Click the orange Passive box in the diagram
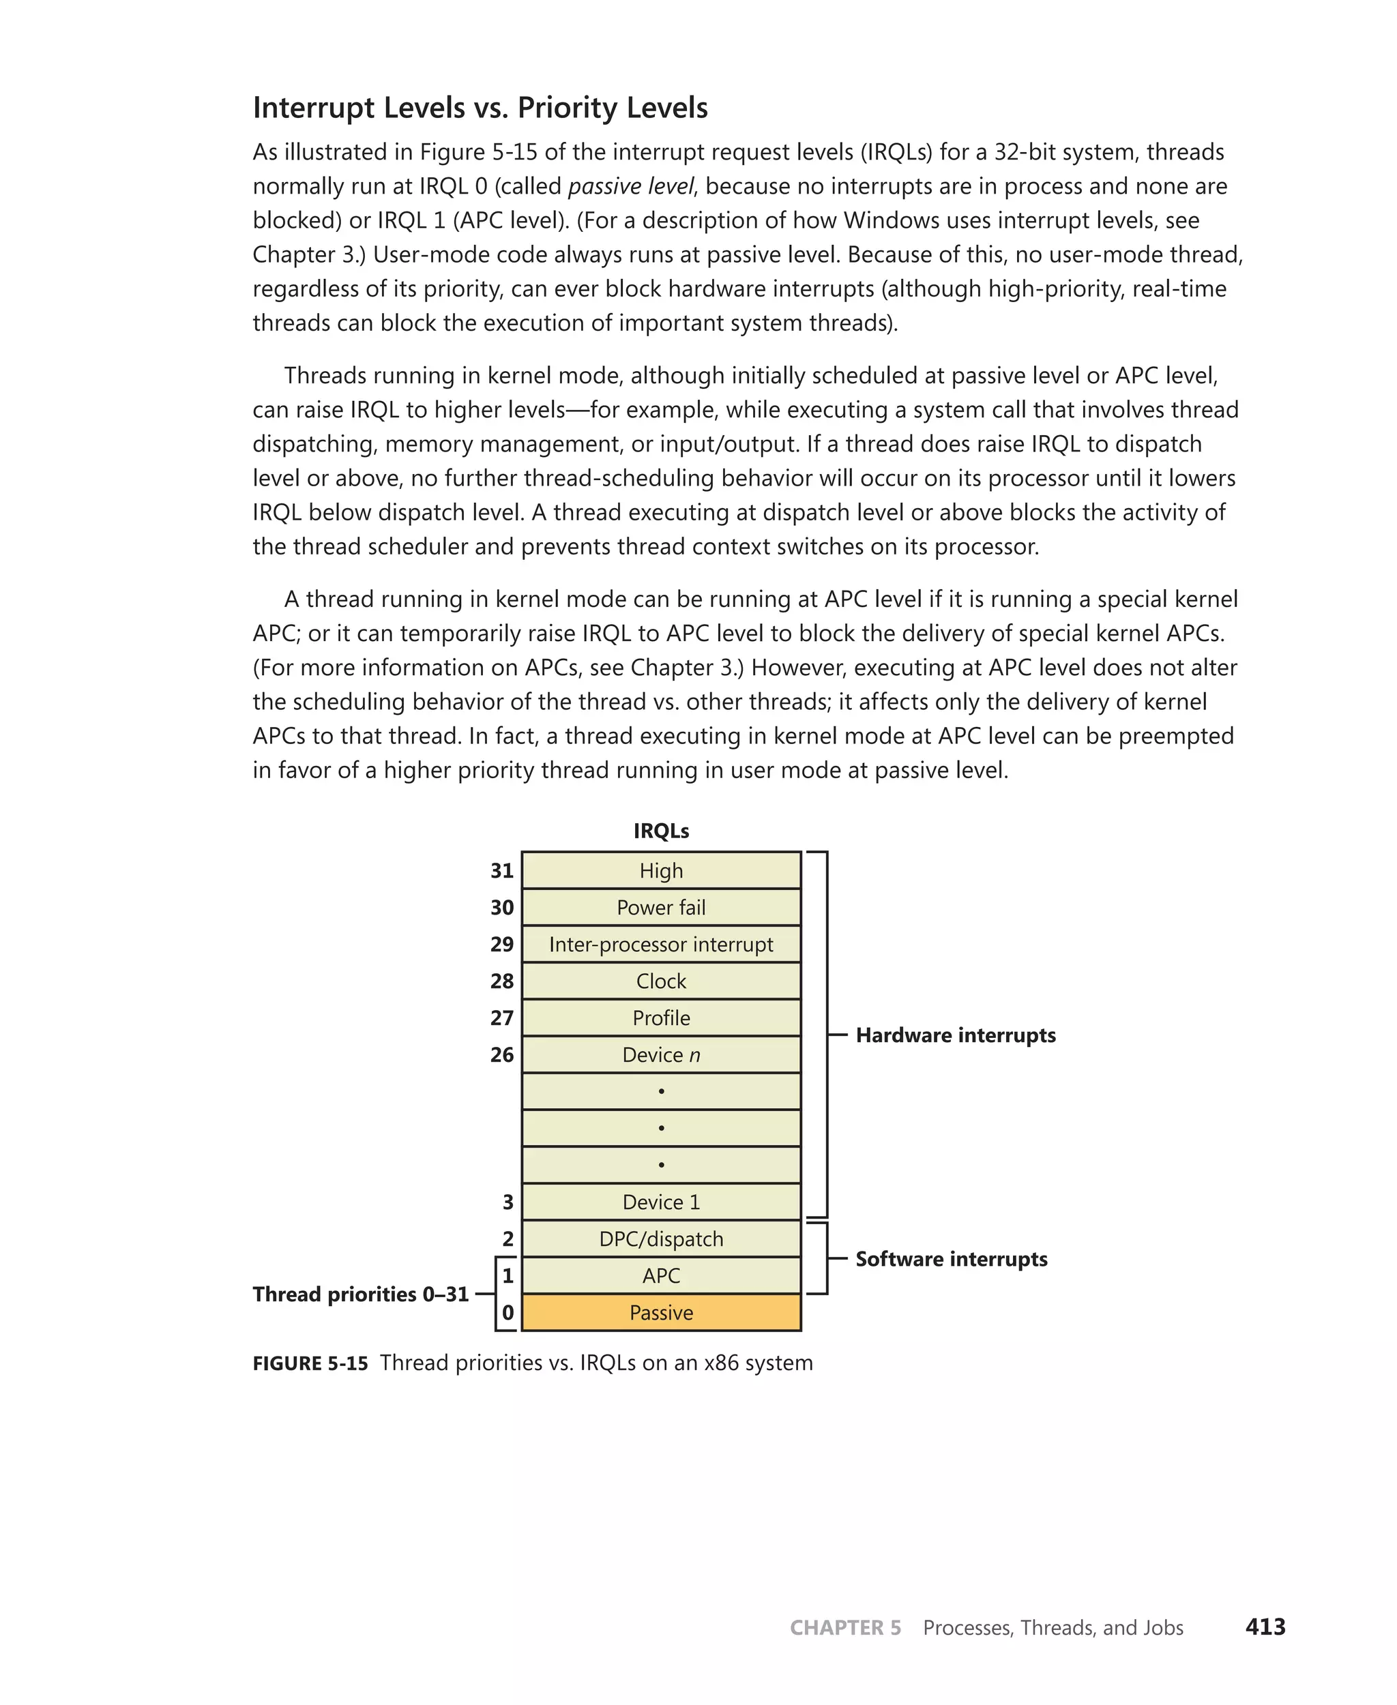pyautogui.click(x=661, y=1312)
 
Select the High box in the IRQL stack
pyautogui.click(x=661, y=871)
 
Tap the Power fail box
pyautogui.click(x=661, y=908)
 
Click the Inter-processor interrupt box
pyautogui.click(x=661, y=944)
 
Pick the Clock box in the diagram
pyautogui.click(x=661, y=981)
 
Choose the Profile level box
pyautogui.click(x=661, y=1018)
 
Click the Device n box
pyautogui.click(x=661, y=1055)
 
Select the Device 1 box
pyautogui.click(x=661, y=1202)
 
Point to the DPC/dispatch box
pyautogui.click(x=661, y=1239)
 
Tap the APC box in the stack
pyautogui.click(x=661, y=1275)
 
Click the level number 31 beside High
pyautogui.click(x=502, y=871)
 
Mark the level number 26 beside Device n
pyautogui.click(x=502, y=1055)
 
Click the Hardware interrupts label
pyautogui.click(x=955, y=1035)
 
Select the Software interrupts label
pyautogui.click(x=951, y=1258)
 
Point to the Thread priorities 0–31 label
pyautogui.click(x=361, y=1294)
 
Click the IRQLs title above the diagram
pyautogui.click(x=661, y=831)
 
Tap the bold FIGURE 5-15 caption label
pyautogui.click(x=310, y=1363)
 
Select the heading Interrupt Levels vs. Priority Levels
pyautogui.click(x=480, y=107)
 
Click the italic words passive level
pyautogui.click(x=630, y=186)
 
